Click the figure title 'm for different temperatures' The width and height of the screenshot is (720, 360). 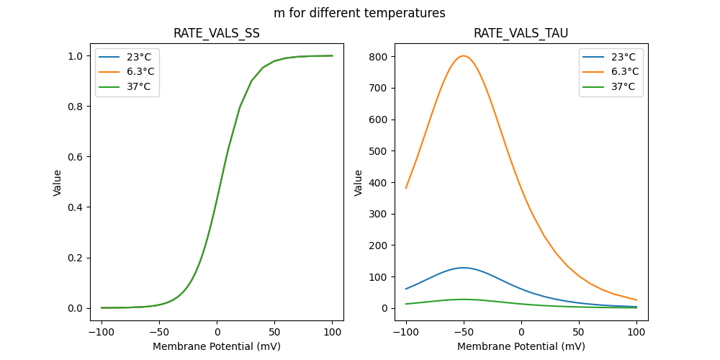[x=359, y=13]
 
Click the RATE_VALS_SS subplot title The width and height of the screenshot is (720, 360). [x=217, y=33]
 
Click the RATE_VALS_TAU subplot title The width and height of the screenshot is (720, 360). [x=521, y=33]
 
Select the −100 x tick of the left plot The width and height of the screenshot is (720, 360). [x=102, y=333]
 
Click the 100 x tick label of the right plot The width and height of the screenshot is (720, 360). [x=636, y=333]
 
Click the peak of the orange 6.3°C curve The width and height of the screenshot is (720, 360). [x=464, y=56]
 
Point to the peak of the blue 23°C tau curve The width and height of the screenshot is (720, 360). [x=464, y=268]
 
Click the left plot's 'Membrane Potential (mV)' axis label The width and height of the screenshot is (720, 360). [x=217, y=346]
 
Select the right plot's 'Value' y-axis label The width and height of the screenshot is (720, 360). [x=358, y=182]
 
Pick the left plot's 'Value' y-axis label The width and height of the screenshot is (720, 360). [x=57, y=182]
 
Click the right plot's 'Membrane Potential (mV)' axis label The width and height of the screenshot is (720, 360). [x=521, y=346]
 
